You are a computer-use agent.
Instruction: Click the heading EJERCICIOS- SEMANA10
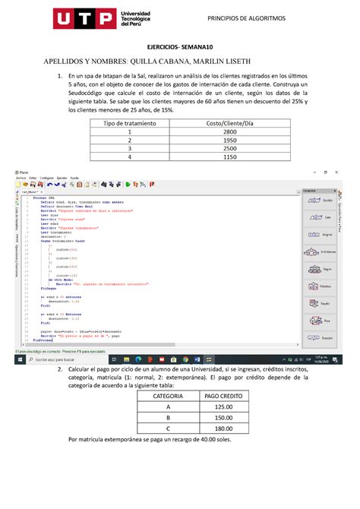coord(180,47)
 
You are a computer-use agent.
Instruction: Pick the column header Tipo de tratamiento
coord(127,122)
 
